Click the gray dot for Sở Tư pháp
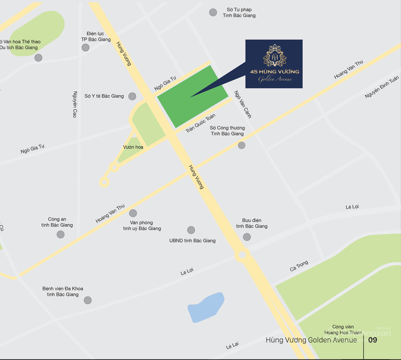pyautogui.click(x=214, y=12)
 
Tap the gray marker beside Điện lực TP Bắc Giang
pyautogui.click(x=86, y=48)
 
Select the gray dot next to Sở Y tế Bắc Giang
pyautogui.click(x=132, y=96)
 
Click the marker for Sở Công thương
pyautogui.click(x=242, y=145)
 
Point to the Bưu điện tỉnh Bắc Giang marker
pyautogui.click(x=247, y=237)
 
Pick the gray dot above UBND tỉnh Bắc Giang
pyautogui.click(x=191, y=230)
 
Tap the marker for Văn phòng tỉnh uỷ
pyautogui.click(x=133, y=213)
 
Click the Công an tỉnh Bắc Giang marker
pyautogui.click(x=61, y=235)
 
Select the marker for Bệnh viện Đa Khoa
pyautogui.click(x=88, y=300)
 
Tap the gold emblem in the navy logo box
pyautogui.click(x=274, y=56)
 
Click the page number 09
pyautogui.click(x=372, y=340)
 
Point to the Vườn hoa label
pyautogui.click(x=133, y=147)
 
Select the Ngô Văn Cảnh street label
pyautogui.click(x=243, y=104)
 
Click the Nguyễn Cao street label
pyautogui.click(x=75, y=104)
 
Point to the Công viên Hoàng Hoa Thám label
pyautogui.click(x=343, y=329)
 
